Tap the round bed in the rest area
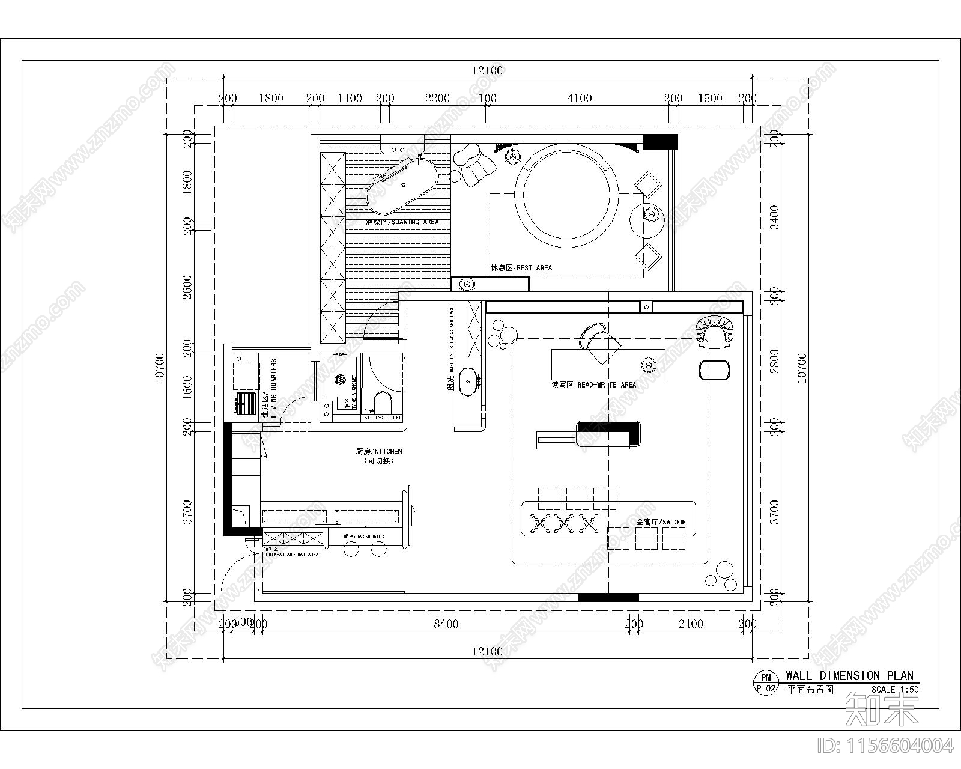(x=570, y=192)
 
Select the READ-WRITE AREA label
(x=593, y=384)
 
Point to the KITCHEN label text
(x=378, y=451)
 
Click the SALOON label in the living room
(x=661, y=522)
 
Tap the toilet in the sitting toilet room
(x=382, y=402)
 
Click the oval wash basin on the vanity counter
(x=468, y=383)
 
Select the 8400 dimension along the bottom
(x=446, y=624)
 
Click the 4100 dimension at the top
(x=579, y=98)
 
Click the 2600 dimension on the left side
(x=187, y=287)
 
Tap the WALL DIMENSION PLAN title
(x=849, y=676)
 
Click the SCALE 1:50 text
(x=895, y=690)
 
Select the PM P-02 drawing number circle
(x=766, y=683)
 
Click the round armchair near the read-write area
(x=715, y=332)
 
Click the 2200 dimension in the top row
(x=437, y=98)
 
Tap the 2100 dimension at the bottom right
(x=691, y=624)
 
